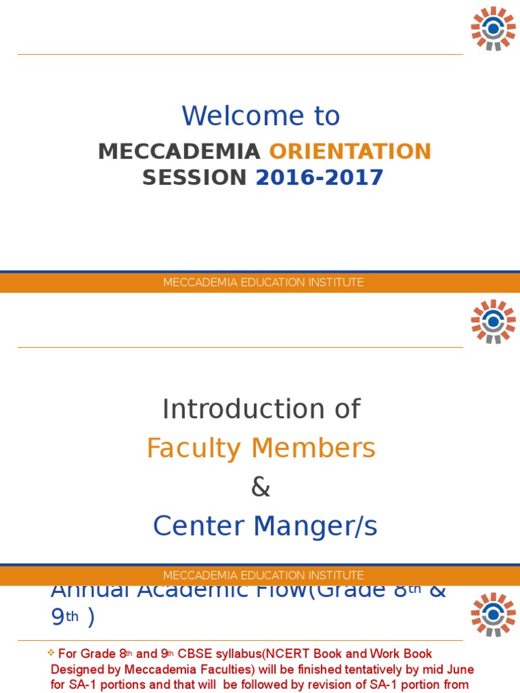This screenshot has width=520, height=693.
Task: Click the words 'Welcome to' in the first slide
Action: pyautogui.click(x=261, y=116)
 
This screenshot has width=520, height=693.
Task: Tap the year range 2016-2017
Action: pyautogui.click(x=319, y=177)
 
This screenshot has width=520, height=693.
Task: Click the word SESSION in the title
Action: pyautogui.click(x=194, y=177)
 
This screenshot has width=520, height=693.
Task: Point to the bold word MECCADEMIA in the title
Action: pyautogui.click(x=179, y=151)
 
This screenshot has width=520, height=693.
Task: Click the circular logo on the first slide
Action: pyautogui.click(x=493, y=28)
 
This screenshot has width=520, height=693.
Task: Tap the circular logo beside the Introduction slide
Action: pyautogui.click(x=493, y=321)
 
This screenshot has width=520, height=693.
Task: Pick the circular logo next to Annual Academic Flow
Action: pyautogui.click(x=493, y=614)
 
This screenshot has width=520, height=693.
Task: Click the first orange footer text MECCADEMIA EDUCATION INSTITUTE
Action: pyautogui.click(x=263, y=282)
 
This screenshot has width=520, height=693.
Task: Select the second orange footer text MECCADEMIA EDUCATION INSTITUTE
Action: pyautogui.click(x=263, y=575)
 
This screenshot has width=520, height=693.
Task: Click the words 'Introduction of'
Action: pyautogui.click(x=261, y=409)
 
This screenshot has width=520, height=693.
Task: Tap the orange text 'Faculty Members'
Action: pyautogui.click(x=261, y=448)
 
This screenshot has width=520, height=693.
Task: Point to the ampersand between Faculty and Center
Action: pyautogui.click(x=261, y=487)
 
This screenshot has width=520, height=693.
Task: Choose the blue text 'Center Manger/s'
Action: pyautogui.click(x=265, y=527)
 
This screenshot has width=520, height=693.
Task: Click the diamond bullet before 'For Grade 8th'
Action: pyautogui.click(x=51, y=653)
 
